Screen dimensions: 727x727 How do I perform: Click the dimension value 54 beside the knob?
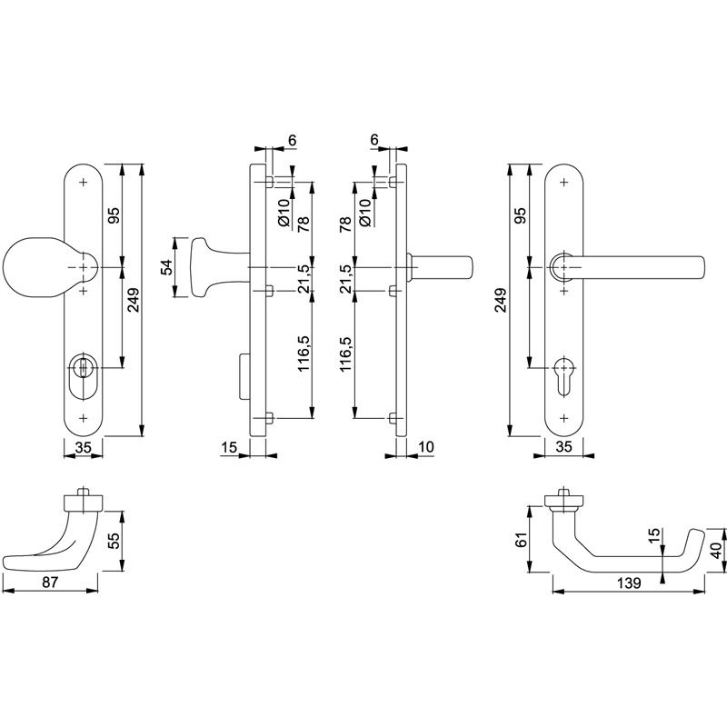[166, 267]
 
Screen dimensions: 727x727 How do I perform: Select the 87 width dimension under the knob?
[50, 582]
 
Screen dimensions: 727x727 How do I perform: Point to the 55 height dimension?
[115, 540]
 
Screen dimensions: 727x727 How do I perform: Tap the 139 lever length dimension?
[628, 583]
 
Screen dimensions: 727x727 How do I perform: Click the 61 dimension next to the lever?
[522, 540]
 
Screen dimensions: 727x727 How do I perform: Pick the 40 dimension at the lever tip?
[717, 551]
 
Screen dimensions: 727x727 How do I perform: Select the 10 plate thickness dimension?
[425, 447]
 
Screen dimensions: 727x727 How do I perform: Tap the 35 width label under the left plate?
[83, 447]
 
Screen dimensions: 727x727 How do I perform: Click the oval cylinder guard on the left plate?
[83, 376]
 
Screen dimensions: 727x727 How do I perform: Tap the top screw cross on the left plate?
[84, 183]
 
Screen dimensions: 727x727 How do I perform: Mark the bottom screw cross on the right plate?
[563, 418]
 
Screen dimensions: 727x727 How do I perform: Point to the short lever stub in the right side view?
[440, 267]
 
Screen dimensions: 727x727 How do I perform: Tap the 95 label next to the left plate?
[115, 215]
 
